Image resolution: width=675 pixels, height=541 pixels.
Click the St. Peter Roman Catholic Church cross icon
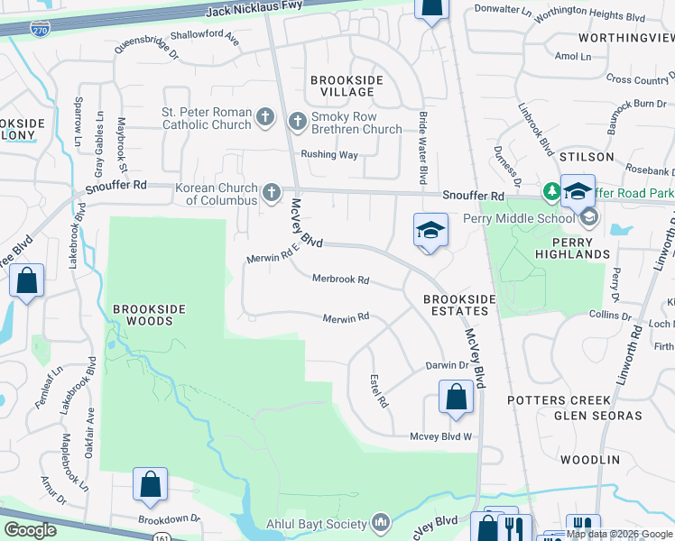click(264, 116)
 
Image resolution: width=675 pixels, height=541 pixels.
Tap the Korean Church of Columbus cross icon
click(272, 192)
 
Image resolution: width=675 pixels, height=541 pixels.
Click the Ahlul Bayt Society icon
click(380, 523)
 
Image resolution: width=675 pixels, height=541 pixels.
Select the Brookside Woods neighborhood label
click(149, 315)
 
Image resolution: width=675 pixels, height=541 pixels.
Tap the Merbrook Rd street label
click(341, 280)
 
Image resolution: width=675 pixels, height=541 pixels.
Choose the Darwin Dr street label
click(447, 365)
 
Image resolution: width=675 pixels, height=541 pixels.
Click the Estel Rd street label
click(378, 391)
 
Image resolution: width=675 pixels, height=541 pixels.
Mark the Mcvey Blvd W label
click(441, 436)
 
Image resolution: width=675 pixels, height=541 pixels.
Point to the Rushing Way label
click(329, 154)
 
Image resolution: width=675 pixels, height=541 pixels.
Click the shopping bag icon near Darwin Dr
click(457, 397)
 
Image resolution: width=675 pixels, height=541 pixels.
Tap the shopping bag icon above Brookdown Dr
click(150, 484)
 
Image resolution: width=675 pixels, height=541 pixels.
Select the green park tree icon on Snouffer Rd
click(551, 192)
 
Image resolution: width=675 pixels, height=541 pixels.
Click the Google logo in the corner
click(30, 530)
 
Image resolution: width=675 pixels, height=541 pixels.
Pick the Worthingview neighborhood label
click(625, 38)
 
